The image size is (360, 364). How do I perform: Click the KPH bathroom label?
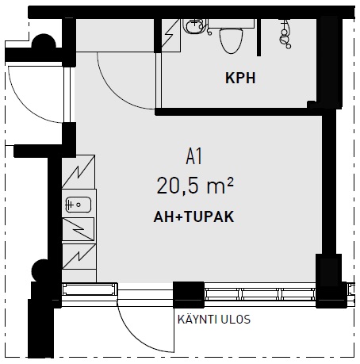pyautogui.click(x=240, y=78)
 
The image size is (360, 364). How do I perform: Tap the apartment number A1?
pyautogui.click(x=194, y=156)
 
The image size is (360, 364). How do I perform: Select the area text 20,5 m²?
pyautogui.click(x=195, y=186)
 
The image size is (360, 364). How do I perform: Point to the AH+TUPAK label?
pyautogui.click(x=193, y=216)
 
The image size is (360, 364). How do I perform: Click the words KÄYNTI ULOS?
pyautogui.click(x=214, y=320)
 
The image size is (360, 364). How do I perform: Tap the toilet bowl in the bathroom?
pyautogui.click(x=232, y=40)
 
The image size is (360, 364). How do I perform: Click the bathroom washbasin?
pyautogui.click(x=195, y=26)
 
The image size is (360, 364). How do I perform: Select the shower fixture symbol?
pyautogui.click(x=285, y=34)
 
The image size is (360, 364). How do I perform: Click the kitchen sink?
pyautogui.click(x=79, y=205)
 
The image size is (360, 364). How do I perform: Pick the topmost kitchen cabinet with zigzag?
pyautogui.click(x=79, y=171)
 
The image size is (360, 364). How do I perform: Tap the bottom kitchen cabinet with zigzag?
pyautogui.click(x=79, y=256)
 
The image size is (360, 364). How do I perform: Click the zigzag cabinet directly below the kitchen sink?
pyautogui.click(x=79, y=229)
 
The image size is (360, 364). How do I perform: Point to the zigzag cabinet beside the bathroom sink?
pyautogui.click(x=170, y=35)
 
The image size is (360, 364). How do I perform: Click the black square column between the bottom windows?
pyautogui.click(x=189, y=295)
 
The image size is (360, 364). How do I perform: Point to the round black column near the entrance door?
pyautogui.click(x=44, y=41)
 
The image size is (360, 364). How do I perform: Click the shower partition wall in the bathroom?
pyautogui.click(x=259, y=37)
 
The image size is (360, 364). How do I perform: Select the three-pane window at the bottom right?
pyautogui.click(x=260, y=294)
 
